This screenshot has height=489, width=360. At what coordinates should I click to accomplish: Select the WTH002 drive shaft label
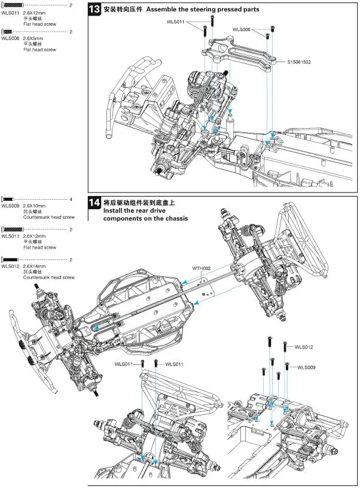coord(202,268)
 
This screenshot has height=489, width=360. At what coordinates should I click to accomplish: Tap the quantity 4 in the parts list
coord(71,199)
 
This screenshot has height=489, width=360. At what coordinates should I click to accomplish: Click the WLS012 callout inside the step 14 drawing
coord(304,347)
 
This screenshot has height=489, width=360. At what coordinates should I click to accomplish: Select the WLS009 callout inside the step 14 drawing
coord(306,368)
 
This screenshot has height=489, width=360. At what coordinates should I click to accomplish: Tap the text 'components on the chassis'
coord(145,218)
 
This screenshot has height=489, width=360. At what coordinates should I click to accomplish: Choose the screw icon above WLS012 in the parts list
coord(11,259)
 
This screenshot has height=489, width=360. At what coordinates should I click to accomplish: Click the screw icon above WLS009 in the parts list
coord(10,199)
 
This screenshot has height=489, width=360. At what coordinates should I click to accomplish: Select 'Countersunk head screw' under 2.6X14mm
coord(48,277)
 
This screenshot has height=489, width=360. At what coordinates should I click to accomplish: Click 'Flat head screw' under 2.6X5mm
coord(39,50)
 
